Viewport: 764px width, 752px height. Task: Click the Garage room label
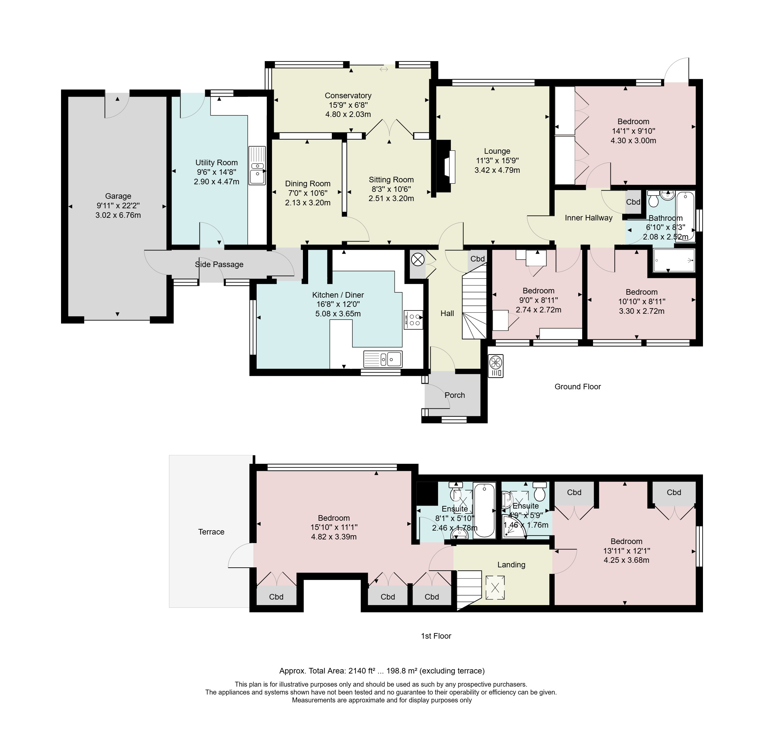pyautogui.click(x=118, y=196)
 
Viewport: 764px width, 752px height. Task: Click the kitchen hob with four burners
pyautogui.click(x=413, y=320)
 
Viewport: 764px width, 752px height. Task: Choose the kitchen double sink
pyautogui.click(x=383, y=359)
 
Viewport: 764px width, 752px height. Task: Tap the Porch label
pyautogui.click(x=455, y=395)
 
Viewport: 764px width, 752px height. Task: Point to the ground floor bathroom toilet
pyautogui.click(x=653, y=199)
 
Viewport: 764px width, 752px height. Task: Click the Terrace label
pyautogui.click(x=211, y=532)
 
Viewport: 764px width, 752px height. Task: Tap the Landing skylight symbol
pyautogui.click(x=495, y=588)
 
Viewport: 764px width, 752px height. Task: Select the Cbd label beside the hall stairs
pyautogui.click(x=477, y=259)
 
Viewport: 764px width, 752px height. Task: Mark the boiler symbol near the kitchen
pyautogui.click(x=417, y=260)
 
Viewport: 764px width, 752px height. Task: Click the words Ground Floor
pyautogui.click(x=577, y=387)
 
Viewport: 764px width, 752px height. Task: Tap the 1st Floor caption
pyautogui.click(x=436, y=636)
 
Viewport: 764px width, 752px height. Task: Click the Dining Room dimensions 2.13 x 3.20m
pyautogui.click(x=308, y=203)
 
